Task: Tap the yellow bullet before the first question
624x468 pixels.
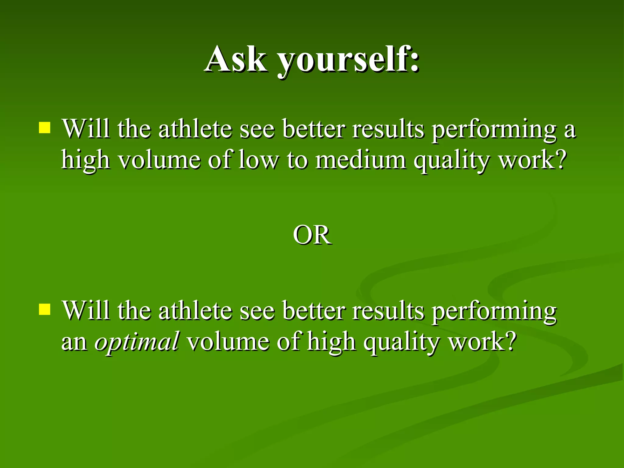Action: pos(44,128)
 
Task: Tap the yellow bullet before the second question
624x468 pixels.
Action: pos(44,309)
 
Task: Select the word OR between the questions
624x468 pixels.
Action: pos(312,235)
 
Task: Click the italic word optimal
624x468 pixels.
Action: pos(137,342)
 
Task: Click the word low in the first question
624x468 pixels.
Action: pos(258,160)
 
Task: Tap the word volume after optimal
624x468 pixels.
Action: pos(228,342)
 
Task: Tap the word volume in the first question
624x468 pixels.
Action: pos(159,160)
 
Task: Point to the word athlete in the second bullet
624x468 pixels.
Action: pos(195,310)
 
